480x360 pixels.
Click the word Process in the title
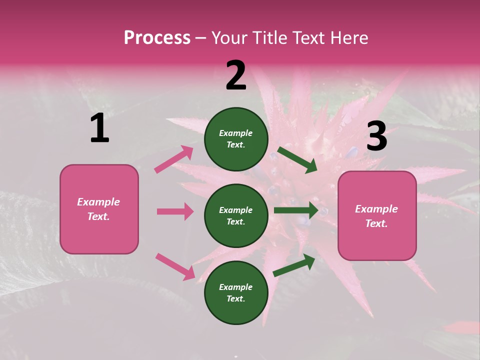(x=157, y=38)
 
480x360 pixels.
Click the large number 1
(x=99, y=128)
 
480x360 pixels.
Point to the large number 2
(x=236, y=75)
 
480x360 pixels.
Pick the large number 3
(x=376, y=137)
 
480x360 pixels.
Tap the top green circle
(x=236, y=139)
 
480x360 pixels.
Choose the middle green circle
(x=236, y=216)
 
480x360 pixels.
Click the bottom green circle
(x=236, y=293)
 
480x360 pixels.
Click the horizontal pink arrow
(x=175, y=211)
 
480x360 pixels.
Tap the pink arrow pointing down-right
(x=175, y=266)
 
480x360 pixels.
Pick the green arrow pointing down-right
(x=297, y=160)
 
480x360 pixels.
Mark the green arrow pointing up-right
(x=294, y=265)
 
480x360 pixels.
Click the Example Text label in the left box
(x=98, y=209)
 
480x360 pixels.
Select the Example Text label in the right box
(x=376, y=216)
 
